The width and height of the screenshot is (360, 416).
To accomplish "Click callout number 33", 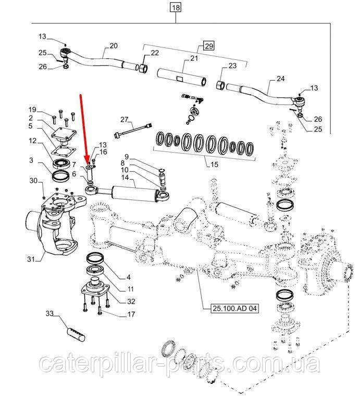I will pos(49,313).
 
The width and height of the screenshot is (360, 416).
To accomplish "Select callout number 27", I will pos(124,120).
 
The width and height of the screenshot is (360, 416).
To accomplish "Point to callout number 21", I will pos(194,59).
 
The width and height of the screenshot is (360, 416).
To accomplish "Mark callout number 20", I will pos(114,46).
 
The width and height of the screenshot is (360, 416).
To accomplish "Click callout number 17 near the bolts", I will pos(131,314).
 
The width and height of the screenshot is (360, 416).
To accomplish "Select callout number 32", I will pos(131,301).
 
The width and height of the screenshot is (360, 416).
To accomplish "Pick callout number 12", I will pos(32,141).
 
